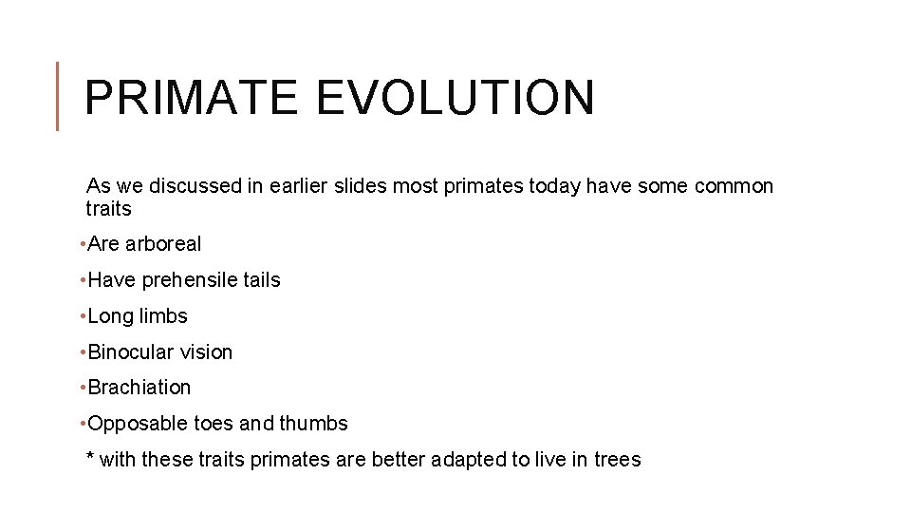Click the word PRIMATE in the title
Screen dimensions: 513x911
coord(194,98)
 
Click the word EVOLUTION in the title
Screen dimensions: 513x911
coord(455,98)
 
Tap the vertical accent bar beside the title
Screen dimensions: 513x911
coord(59,96)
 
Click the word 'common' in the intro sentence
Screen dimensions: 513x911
coord(734,186)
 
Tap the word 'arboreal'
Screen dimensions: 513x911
coord(163,244)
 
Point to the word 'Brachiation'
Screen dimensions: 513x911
coord(139,388)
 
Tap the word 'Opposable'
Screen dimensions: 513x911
coord(131,424)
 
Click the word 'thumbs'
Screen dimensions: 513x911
coord(316,424)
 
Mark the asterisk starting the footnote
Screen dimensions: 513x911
coord(90,458)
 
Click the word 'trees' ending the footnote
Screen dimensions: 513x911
coord(617,460)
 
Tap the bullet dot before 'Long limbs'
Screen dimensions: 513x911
coord(84,316)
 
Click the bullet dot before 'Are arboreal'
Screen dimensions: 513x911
coord(84,244)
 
